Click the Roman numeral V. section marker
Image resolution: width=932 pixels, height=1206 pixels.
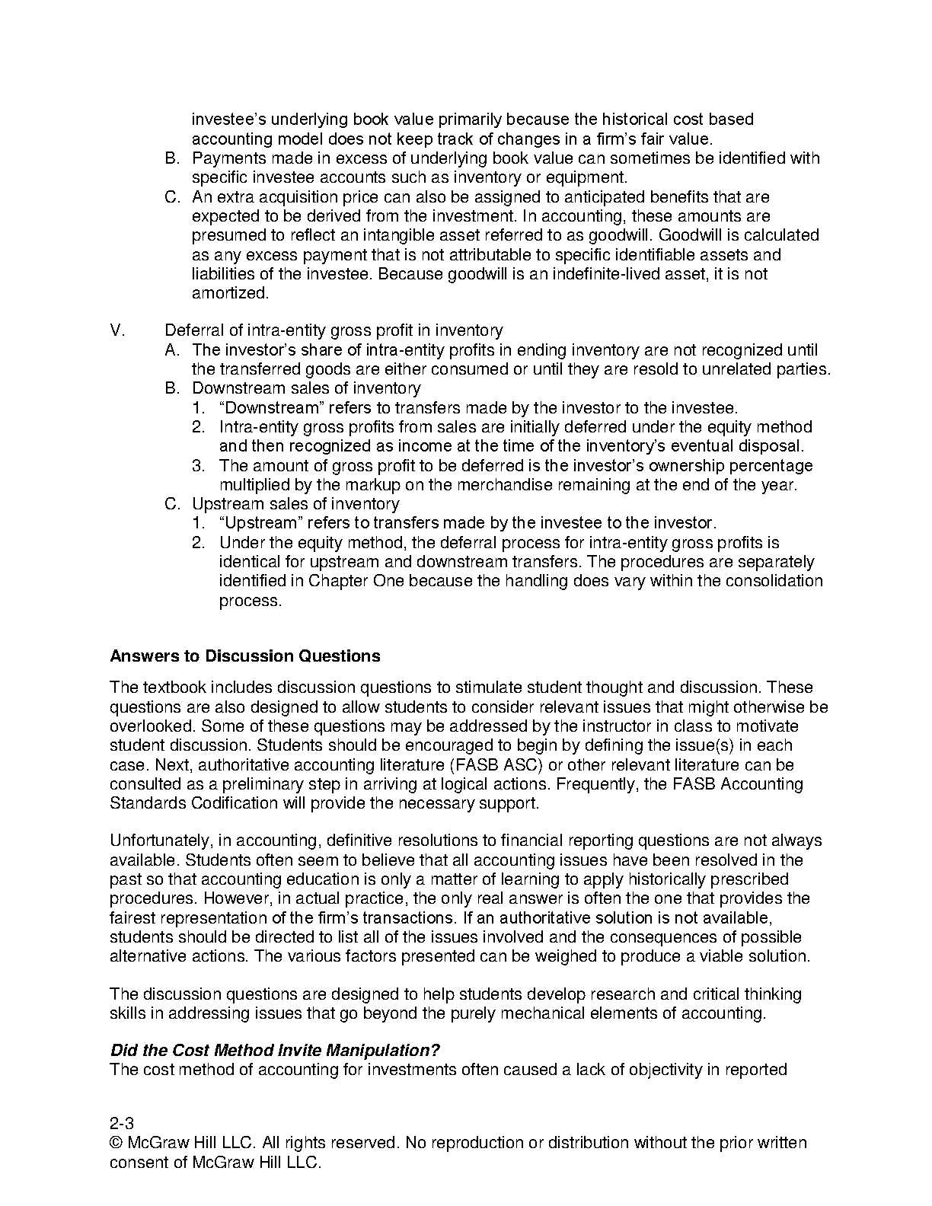[x=117, y=330]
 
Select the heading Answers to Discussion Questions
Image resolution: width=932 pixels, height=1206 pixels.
[x=244, y=656]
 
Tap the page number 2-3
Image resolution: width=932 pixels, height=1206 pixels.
[x=122, y=1123]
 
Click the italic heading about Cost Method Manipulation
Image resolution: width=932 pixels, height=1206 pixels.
[x=275, y=1050]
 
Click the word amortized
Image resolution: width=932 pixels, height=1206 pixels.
[x=229, y=293]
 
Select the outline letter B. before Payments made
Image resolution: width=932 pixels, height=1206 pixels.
[x=172, y=158]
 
